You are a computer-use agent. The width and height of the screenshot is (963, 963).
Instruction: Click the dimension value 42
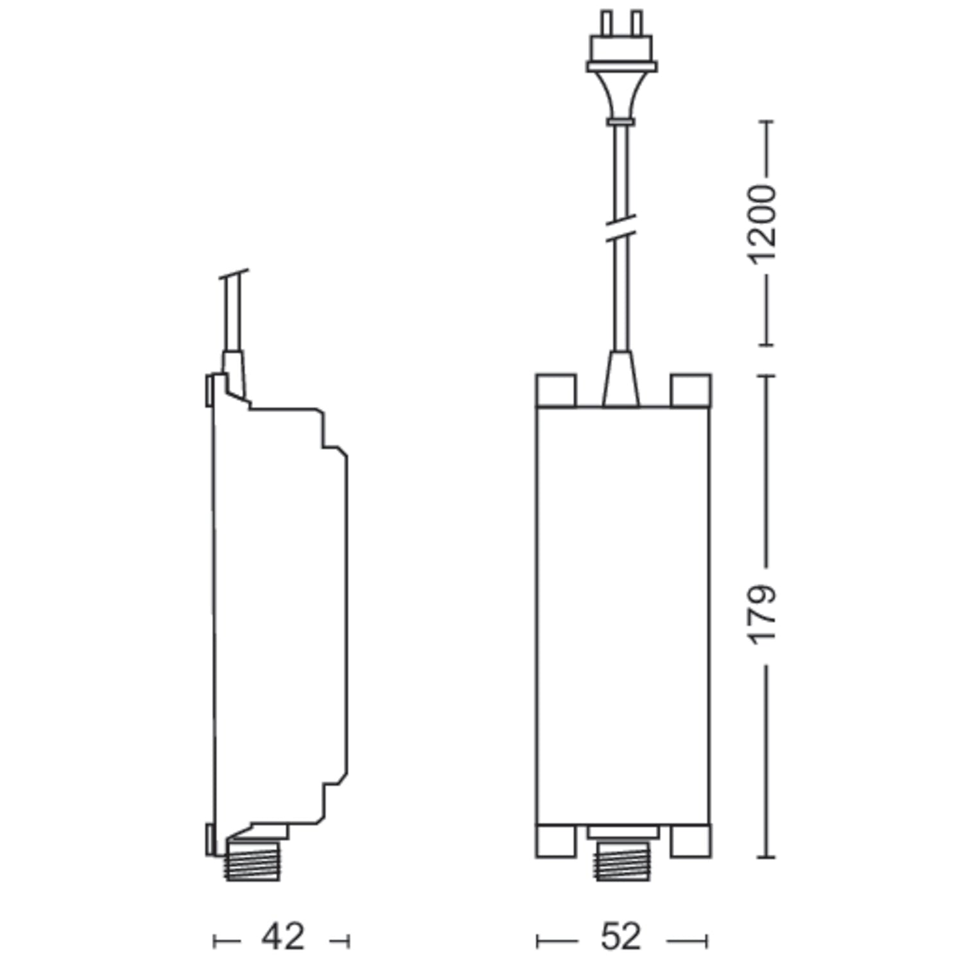[282, 938]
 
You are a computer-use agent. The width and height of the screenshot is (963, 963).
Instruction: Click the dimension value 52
[622, 938]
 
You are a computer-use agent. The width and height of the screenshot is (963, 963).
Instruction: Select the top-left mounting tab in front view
[556, 390]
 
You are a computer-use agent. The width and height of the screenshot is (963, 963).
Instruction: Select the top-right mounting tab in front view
[690, 390]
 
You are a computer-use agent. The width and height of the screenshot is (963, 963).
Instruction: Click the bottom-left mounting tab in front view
[556, 841]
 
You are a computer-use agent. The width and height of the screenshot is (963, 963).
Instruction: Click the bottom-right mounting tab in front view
[690, 841]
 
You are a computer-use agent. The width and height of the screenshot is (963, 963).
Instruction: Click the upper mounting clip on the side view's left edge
[209, 390]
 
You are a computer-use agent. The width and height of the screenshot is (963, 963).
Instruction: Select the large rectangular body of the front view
[622, 616]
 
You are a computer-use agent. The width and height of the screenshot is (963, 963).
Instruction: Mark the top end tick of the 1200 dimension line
[765, 121]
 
